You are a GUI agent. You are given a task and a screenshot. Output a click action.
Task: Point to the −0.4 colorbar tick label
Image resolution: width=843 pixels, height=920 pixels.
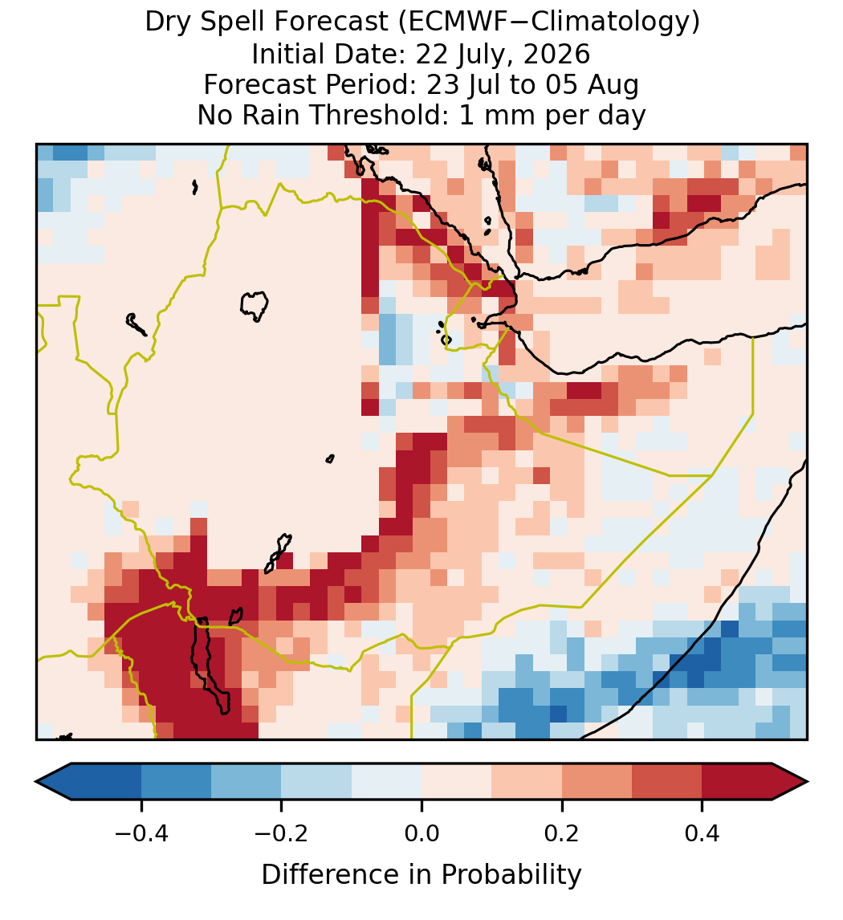pos(141,833)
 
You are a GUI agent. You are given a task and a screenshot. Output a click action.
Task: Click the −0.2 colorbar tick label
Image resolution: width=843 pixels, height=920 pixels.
pos(282,833)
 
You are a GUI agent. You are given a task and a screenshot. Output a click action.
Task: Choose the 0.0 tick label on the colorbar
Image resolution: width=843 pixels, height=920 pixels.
pos(421,833)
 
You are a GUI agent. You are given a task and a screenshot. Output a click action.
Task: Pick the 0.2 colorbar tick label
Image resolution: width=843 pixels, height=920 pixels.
pos(562,833)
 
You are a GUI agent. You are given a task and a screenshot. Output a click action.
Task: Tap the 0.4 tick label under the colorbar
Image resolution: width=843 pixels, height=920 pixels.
pos(702,833)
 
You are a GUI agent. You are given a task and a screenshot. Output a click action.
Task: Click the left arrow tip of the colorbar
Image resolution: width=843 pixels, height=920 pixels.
pos(36,782)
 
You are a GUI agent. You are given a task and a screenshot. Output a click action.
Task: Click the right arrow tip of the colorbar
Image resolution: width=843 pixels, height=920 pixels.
pos(807,782)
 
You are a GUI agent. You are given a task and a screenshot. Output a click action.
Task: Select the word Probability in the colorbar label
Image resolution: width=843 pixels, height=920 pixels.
pos(511,875)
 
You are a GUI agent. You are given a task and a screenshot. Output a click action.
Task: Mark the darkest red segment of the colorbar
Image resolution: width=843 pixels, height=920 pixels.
pos(737,782)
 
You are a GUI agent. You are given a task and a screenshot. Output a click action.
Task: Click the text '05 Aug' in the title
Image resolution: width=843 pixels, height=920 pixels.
pos(592,85)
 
